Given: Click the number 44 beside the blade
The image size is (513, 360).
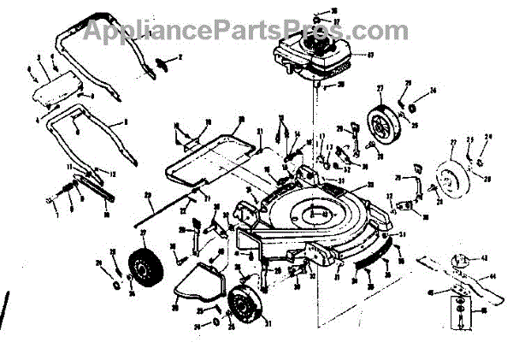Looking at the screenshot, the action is tap(493, 279).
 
